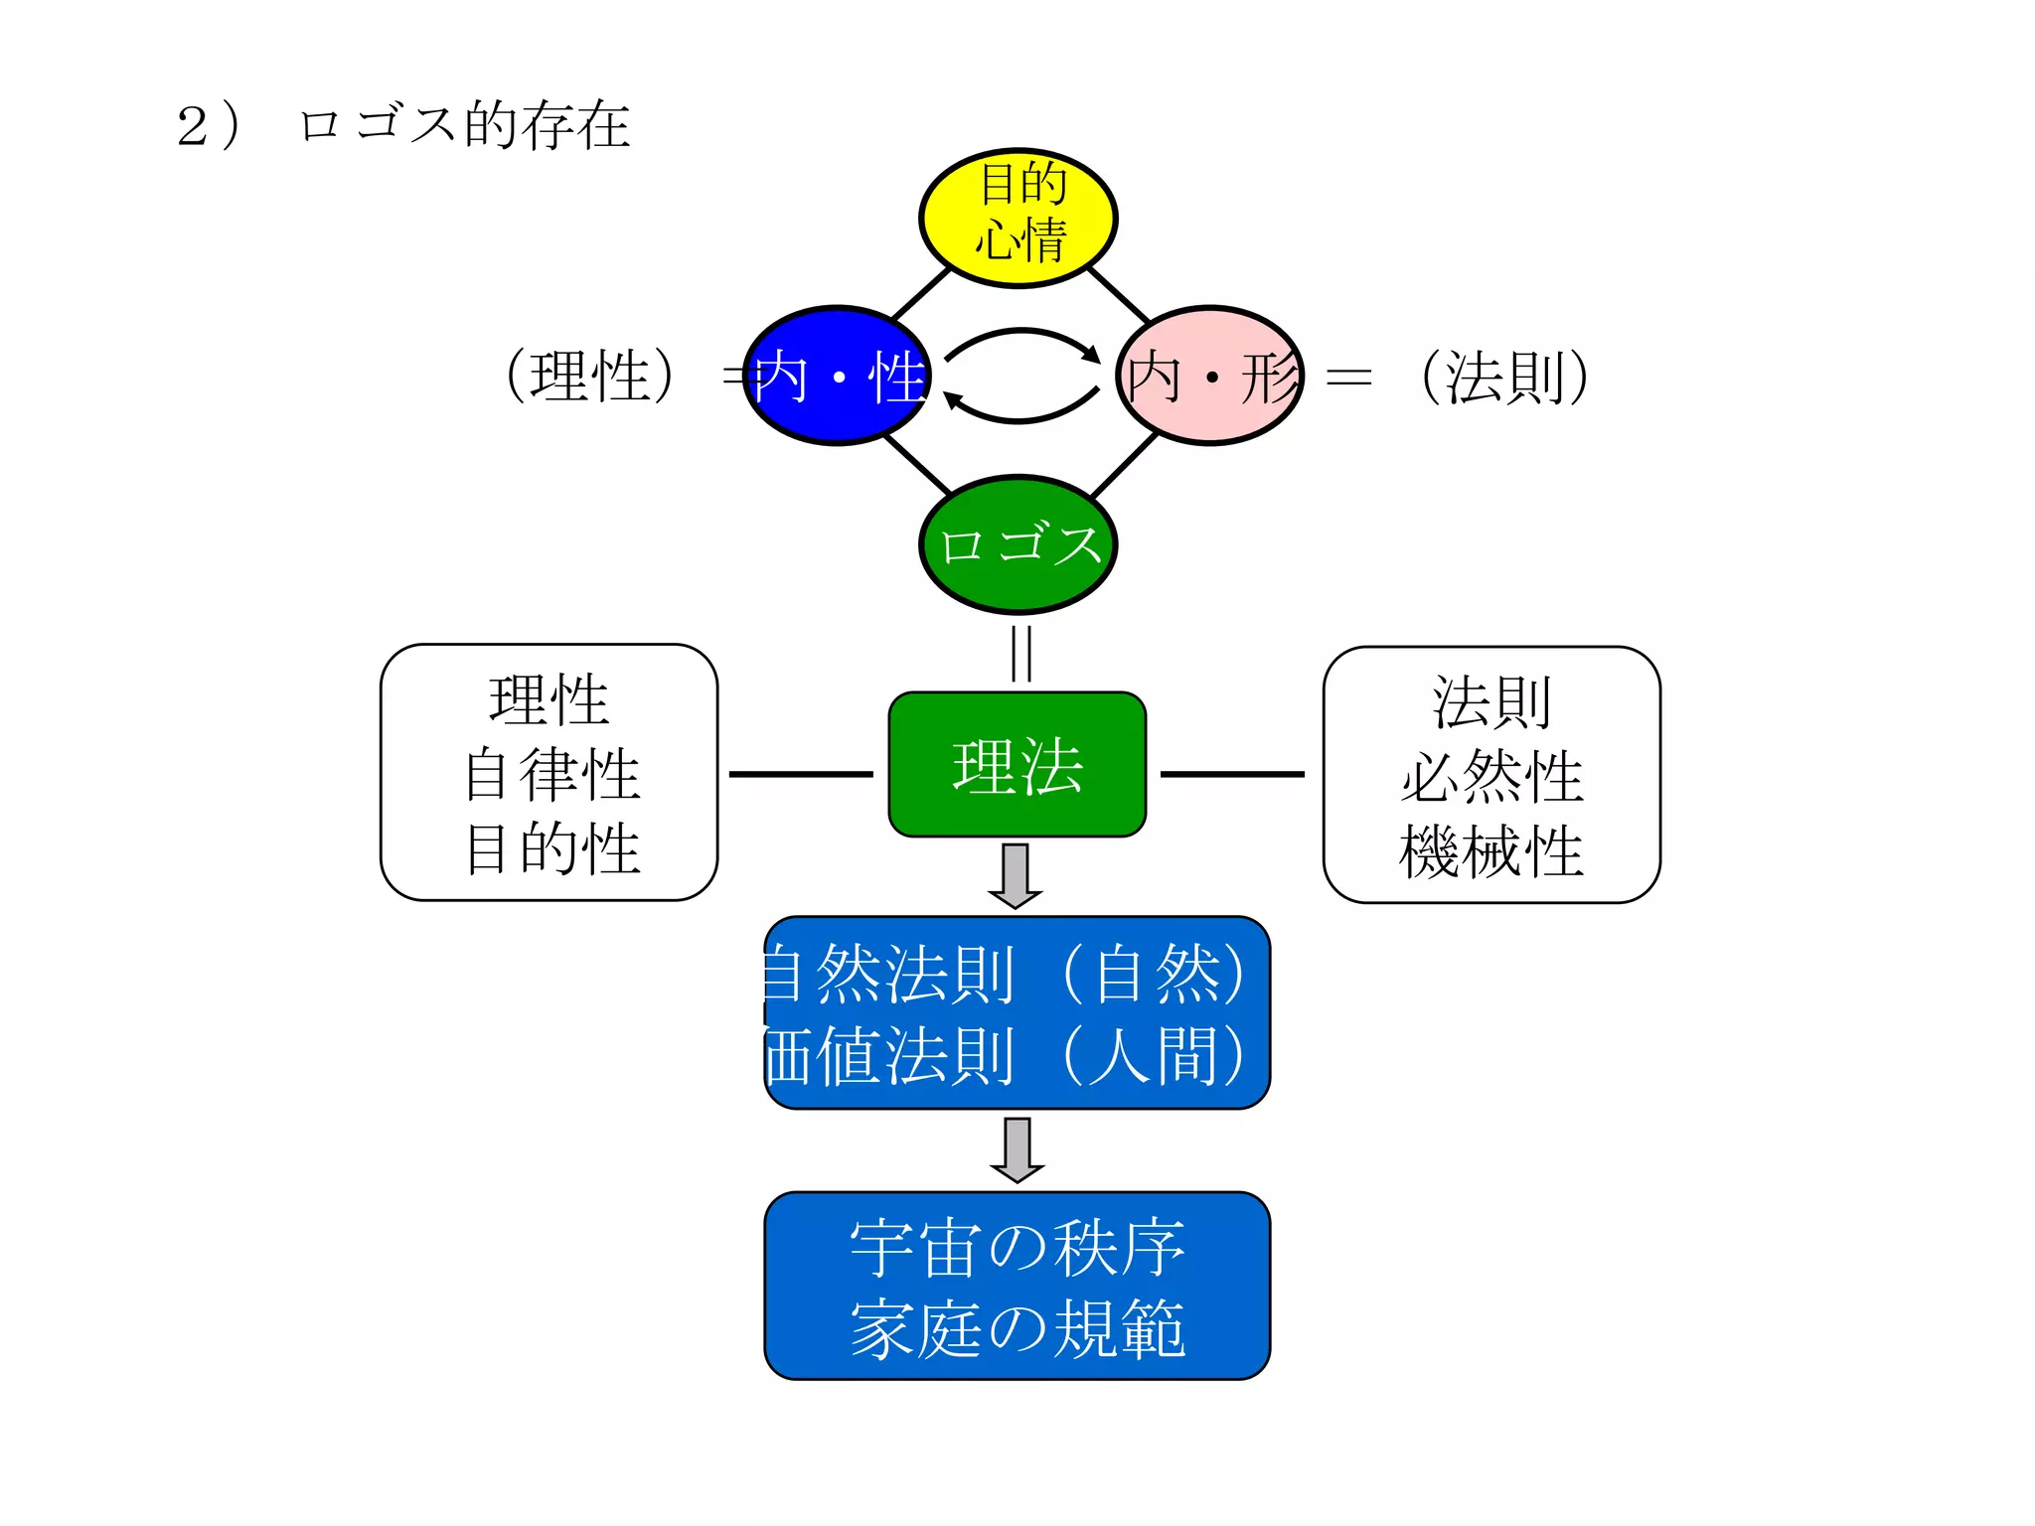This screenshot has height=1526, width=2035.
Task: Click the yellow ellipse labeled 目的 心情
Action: click(x=1017, y=218)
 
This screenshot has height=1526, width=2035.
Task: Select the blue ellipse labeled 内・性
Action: click(x=838, y=376)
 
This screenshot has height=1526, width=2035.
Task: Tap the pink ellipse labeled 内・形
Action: click(x=1210, y=376)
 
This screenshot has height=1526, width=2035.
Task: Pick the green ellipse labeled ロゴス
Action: click(x=1018, y=544)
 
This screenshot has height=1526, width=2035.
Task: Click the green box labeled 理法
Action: click(x=1017, y=765)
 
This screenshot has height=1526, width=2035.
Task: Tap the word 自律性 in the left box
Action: click(x=551, y=775)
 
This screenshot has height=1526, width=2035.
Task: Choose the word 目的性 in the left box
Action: click(x=551, y=848)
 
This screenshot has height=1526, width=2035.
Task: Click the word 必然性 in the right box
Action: click(x=1491, y=777)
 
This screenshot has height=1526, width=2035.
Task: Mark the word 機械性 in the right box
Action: click(x=1490, y=851)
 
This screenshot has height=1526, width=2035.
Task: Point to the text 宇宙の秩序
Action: click(x=1017, y=1249)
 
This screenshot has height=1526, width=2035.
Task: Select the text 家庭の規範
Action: click(x=1017, y=1328)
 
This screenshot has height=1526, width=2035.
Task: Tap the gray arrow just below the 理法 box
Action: click(x=1015, y=875)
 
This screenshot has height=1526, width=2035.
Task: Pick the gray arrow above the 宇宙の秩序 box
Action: click(x=1017, y=1149)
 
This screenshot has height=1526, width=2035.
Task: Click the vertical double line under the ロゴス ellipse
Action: click(x=1020, y=653)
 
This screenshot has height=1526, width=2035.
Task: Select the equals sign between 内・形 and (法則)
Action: click(x=1348, y=377)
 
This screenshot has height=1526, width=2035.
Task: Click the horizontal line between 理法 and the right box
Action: click(x=1232, y=774)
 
